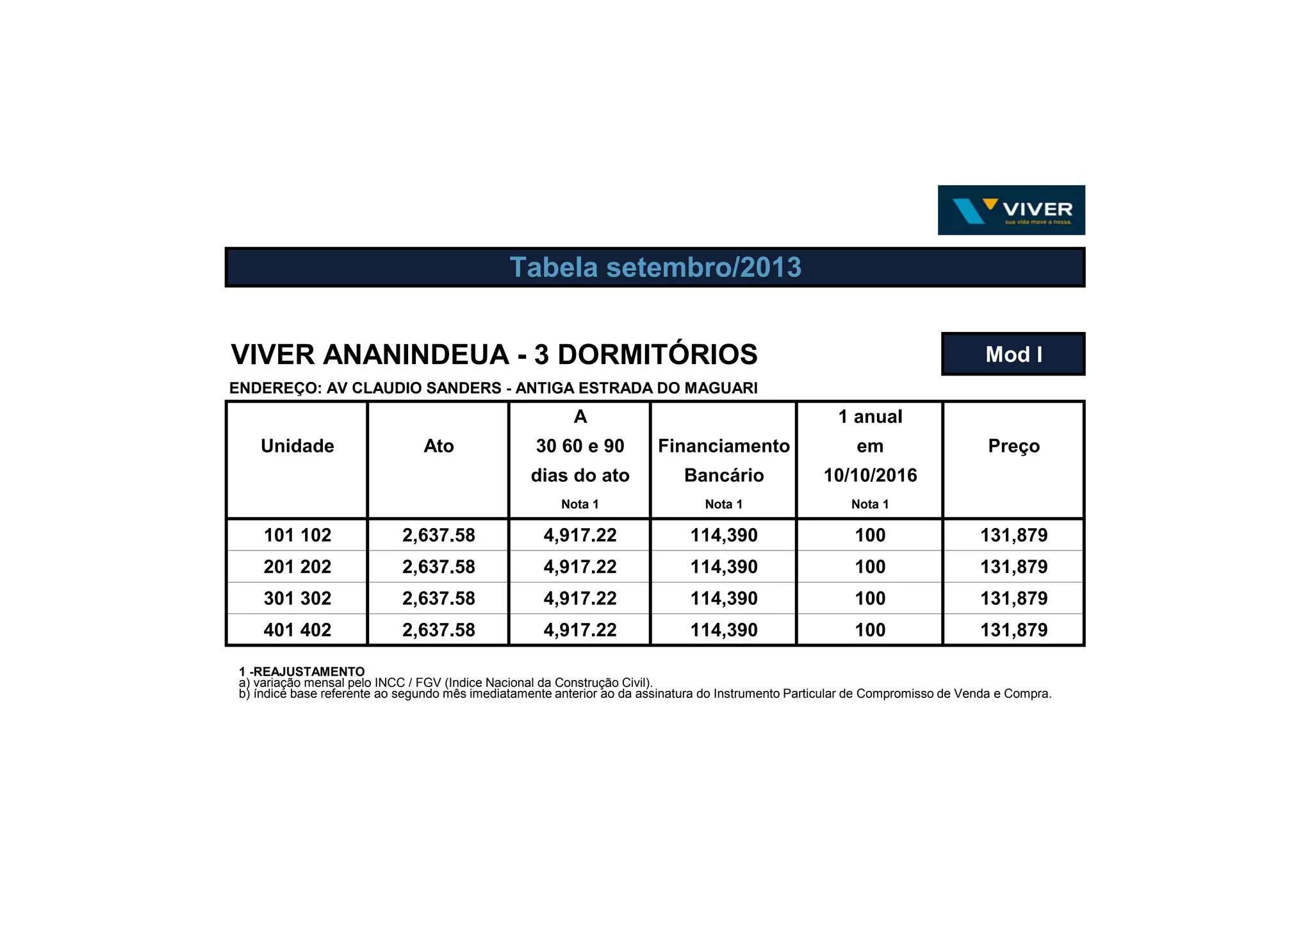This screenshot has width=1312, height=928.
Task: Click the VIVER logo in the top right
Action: (x=1011, y=210)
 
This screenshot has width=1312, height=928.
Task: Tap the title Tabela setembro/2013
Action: (x=655, y=267)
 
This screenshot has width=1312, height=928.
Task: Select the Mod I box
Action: (x=1013, y=354)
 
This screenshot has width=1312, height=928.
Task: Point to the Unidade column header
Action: (x=297, y=446)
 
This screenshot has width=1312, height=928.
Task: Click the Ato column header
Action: (x=439, y=446)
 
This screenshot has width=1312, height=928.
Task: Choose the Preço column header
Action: (x=1013, y=446)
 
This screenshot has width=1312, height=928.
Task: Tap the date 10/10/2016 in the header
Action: (x=870, y=476)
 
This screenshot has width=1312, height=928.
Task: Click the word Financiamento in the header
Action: (x=724, y=446)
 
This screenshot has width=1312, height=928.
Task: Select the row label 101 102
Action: (x=297, y=535)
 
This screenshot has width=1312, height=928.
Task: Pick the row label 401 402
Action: (x=297, y=630)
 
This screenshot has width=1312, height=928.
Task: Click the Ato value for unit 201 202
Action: (x=439, y=567)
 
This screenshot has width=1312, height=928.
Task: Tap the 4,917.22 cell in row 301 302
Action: (x=580, y=599)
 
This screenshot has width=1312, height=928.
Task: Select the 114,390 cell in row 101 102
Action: (x=724, y=535)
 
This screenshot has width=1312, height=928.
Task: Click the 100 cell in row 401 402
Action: (x=870, y=630)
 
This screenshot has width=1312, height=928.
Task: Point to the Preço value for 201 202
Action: (x=1013, y=567)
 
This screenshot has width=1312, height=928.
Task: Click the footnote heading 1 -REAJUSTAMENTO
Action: (x=302, y=671)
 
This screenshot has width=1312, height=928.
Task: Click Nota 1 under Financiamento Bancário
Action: (x=724, y=504)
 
